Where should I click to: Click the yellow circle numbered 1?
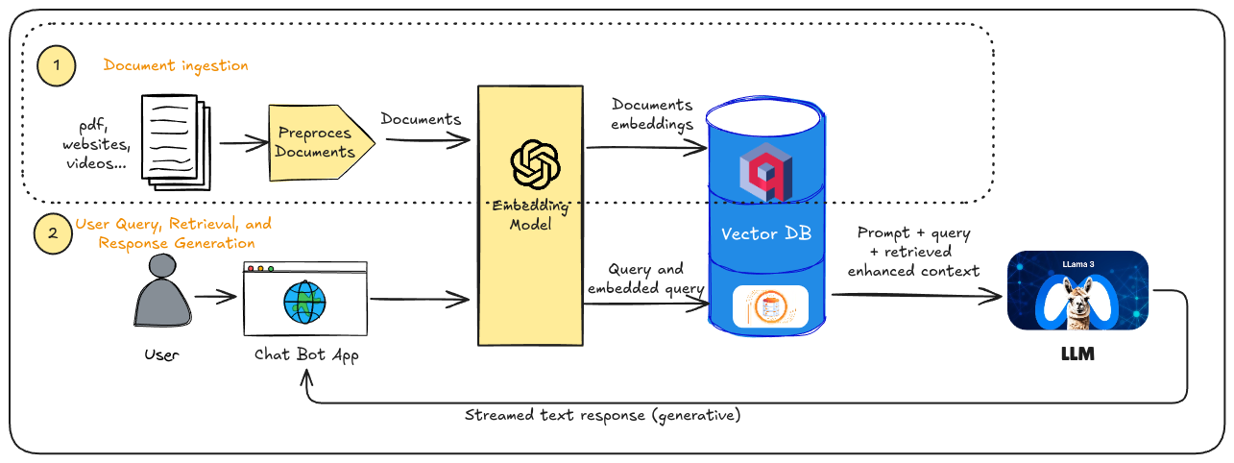[x=57, y=66]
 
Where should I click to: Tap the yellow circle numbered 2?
[x=54, y=233]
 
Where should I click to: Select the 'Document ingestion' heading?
[x=176, y=65]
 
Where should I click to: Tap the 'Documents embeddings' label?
[x=652, y=113]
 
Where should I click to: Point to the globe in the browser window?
[x=304, y=303]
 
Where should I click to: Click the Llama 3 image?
[x=1077, y=290]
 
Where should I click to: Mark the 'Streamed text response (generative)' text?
[x=602, y=416]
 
